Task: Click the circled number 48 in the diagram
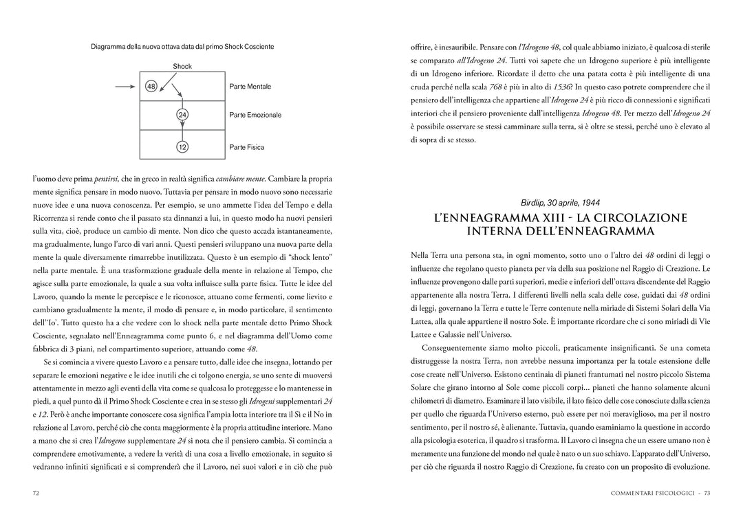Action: coord(151,87)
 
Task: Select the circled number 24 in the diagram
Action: coord(182,115)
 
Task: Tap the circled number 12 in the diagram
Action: coord(182,147)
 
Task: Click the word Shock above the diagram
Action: coord(182,67)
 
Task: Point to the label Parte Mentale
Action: coord(250,87)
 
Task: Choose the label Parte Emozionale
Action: coord(255,115)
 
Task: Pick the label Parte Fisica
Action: coord(246,147)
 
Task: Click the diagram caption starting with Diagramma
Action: coord(182,47)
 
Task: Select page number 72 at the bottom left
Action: coord(36,493)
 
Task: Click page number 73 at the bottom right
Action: coord(706,493)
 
